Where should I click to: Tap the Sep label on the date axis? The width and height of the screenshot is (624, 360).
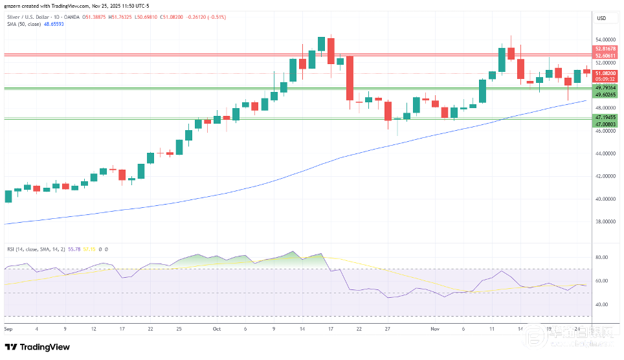9,329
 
